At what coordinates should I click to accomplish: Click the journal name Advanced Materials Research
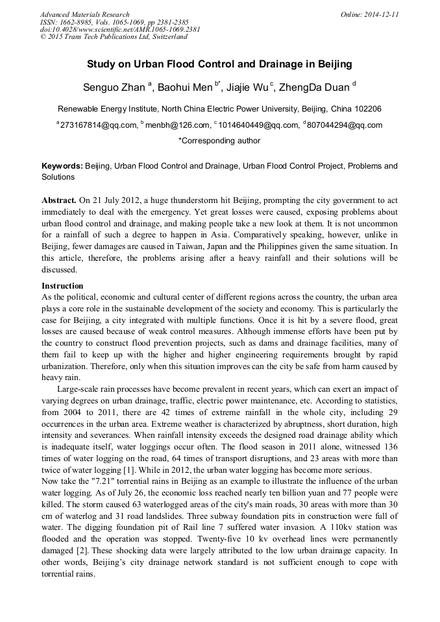(85, 14)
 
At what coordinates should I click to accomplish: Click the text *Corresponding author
(219, 141)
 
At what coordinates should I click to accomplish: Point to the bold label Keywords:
(62, 166)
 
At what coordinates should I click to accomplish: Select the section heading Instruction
(62, 286)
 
